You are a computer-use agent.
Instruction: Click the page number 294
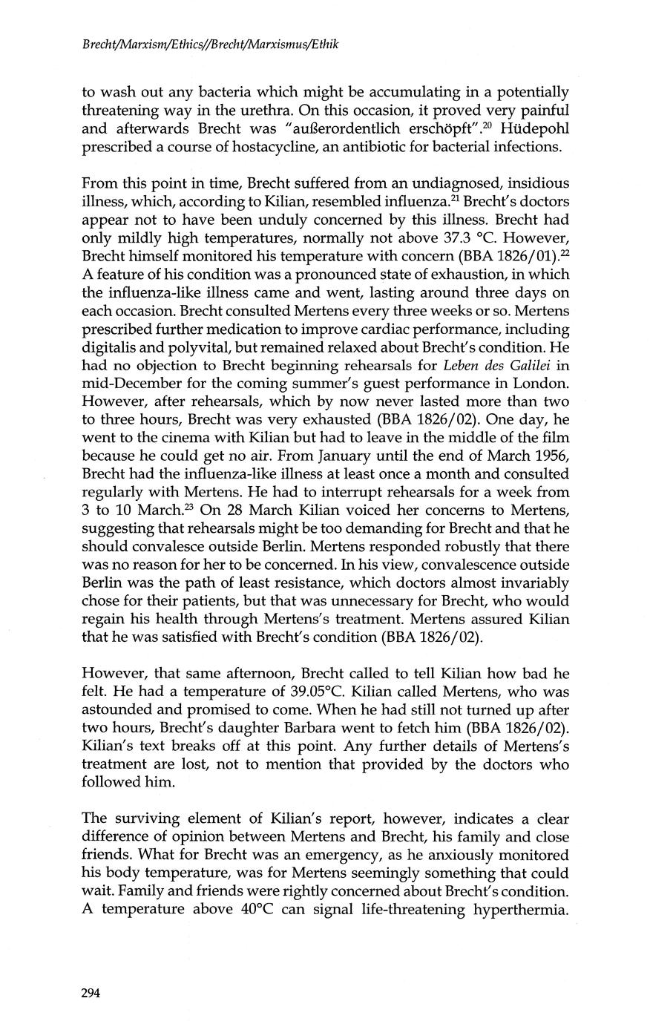(x=91, y=994)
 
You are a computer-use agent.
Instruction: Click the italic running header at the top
(x=210, y=45)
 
